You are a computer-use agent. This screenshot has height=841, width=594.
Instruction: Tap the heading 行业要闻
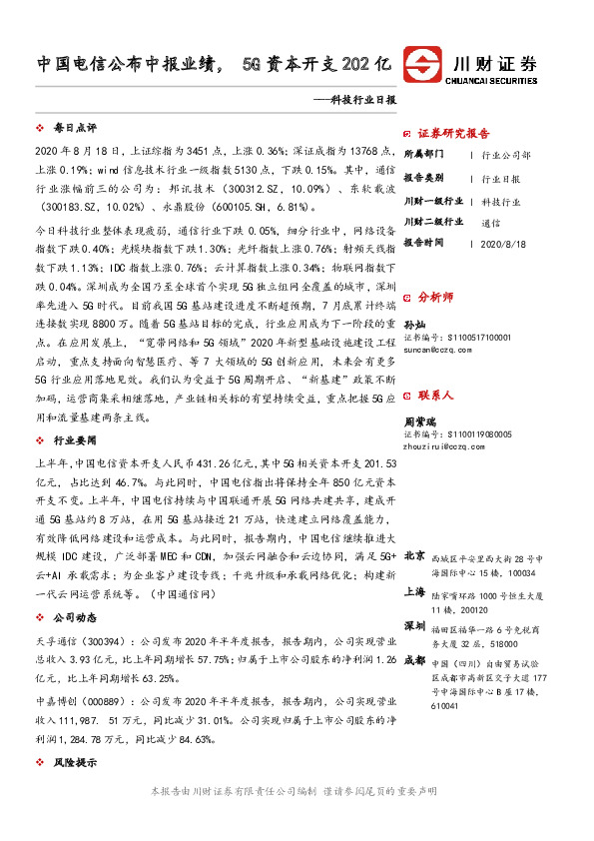[76, 439]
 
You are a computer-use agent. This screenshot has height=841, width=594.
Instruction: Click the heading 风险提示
[76, 763]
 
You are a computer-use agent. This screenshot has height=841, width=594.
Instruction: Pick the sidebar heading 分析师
[435, 297]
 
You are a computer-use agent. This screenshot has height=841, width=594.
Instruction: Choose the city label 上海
[414, 590]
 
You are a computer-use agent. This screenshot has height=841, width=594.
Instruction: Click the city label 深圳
[414, 624]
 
